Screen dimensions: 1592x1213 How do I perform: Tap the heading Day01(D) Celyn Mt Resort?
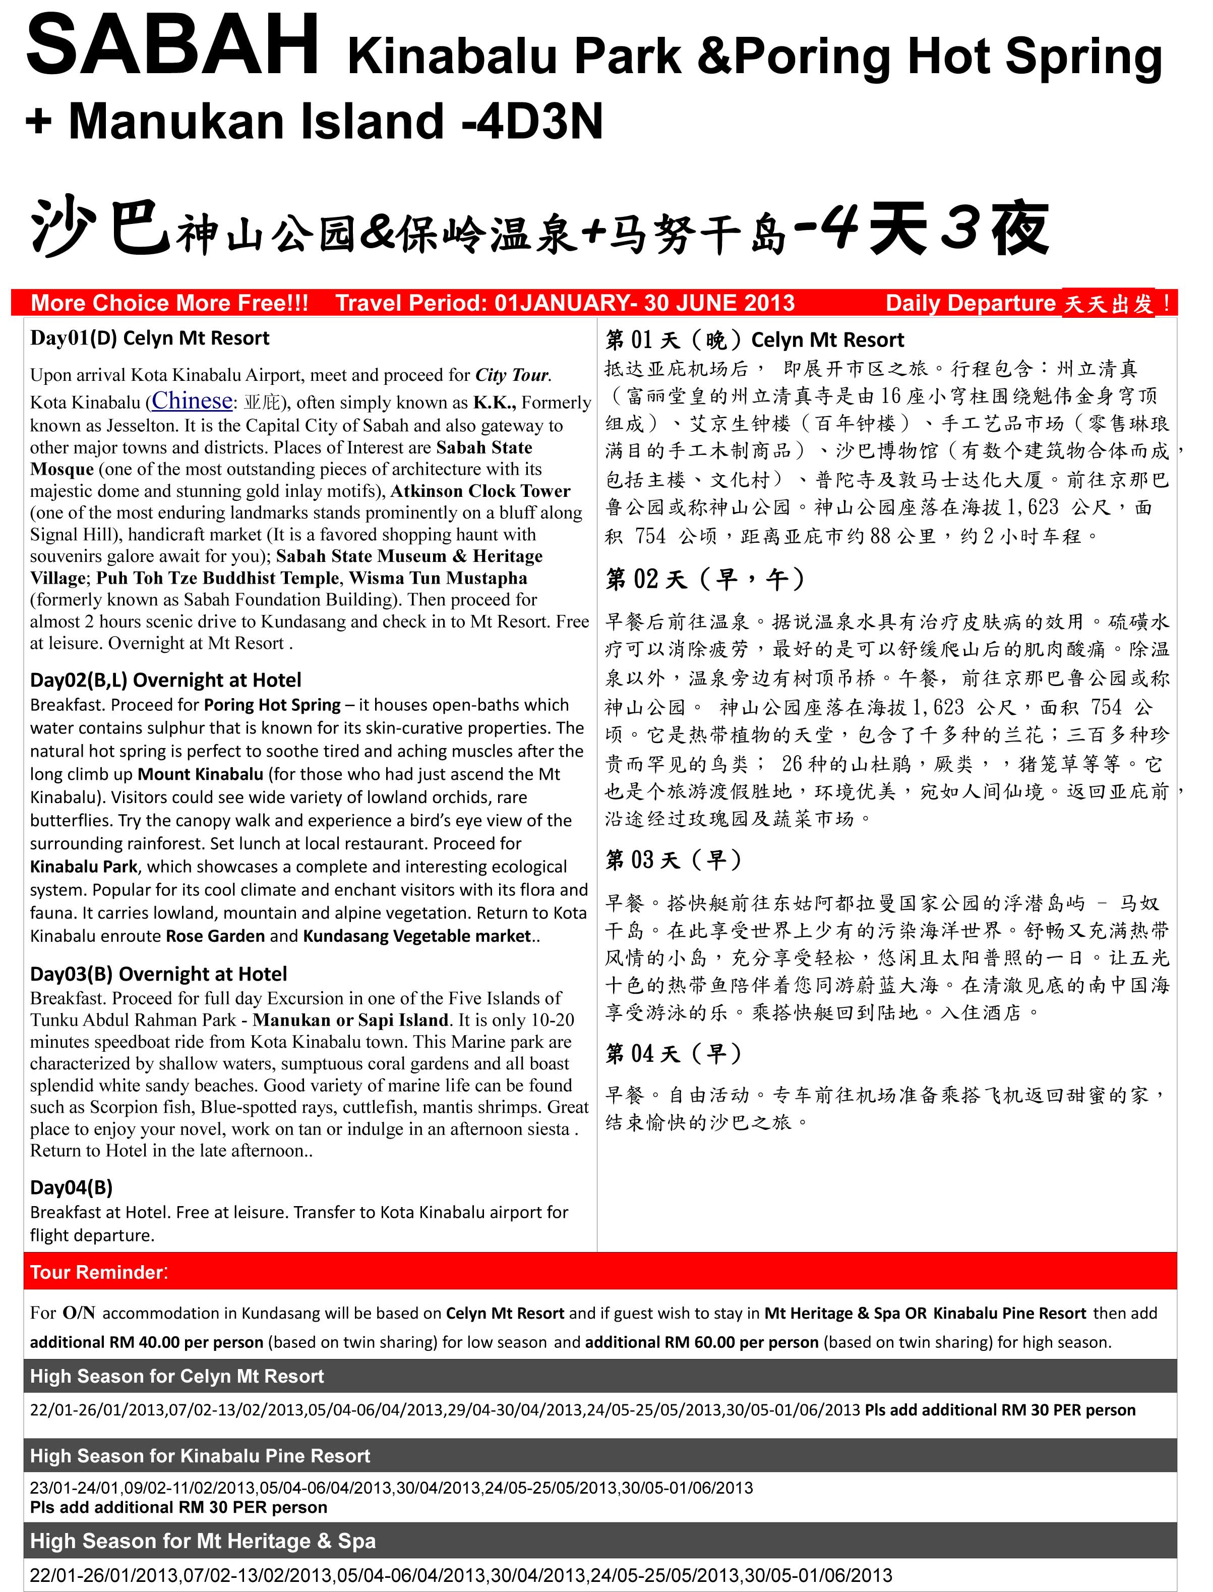149,338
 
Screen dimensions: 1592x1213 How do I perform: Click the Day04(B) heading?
71,1187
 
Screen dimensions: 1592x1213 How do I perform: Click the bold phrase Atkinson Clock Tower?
480,491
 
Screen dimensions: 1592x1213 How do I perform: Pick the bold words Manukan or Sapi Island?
351,1020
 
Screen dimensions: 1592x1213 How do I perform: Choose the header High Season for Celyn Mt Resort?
177,1376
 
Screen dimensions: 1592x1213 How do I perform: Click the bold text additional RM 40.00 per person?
147,1342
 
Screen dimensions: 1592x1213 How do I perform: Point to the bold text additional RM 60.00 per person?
701,1342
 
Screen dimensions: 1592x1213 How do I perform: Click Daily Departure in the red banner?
971,303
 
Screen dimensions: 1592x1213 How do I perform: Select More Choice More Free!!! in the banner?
170,303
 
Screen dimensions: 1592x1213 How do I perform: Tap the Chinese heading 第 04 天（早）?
673,1054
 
